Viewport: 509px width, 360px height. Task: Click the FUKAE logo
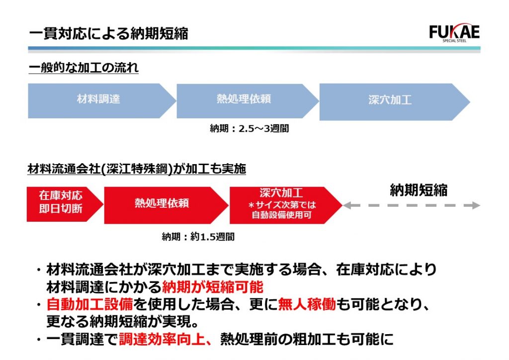pos(454,32)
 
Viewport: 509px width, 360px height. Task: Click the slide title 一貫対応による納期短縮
pos(109,34)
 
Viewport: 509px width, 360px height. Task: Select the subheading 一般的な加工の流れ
pos(84,68)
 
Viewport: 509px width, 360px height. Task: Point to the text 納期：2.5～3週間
pos(250,129)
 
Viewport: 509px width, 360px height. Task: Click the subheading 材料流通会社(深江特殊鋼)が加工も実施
pos(137,169)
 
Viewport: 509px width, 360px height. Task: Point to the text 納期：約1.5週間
pos(198,237)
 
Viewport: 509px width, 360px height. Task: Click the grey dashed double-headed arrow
pos(412,205)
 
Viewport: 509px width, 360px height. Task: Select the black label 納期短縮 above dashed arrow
pos(419,190)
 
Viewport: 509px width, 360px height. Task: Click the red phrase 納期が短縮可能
pos(213,287)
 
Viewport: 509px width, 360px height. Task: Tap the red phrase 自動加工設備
pos(89,304)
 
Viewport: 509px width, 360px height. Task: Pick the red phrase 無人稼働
pos(307,304)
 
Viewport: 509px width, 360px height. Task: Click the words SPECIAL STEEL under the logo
pos(454,41)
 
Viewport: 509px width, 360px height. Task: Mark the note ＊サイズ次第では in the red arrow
pos(282,205)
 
